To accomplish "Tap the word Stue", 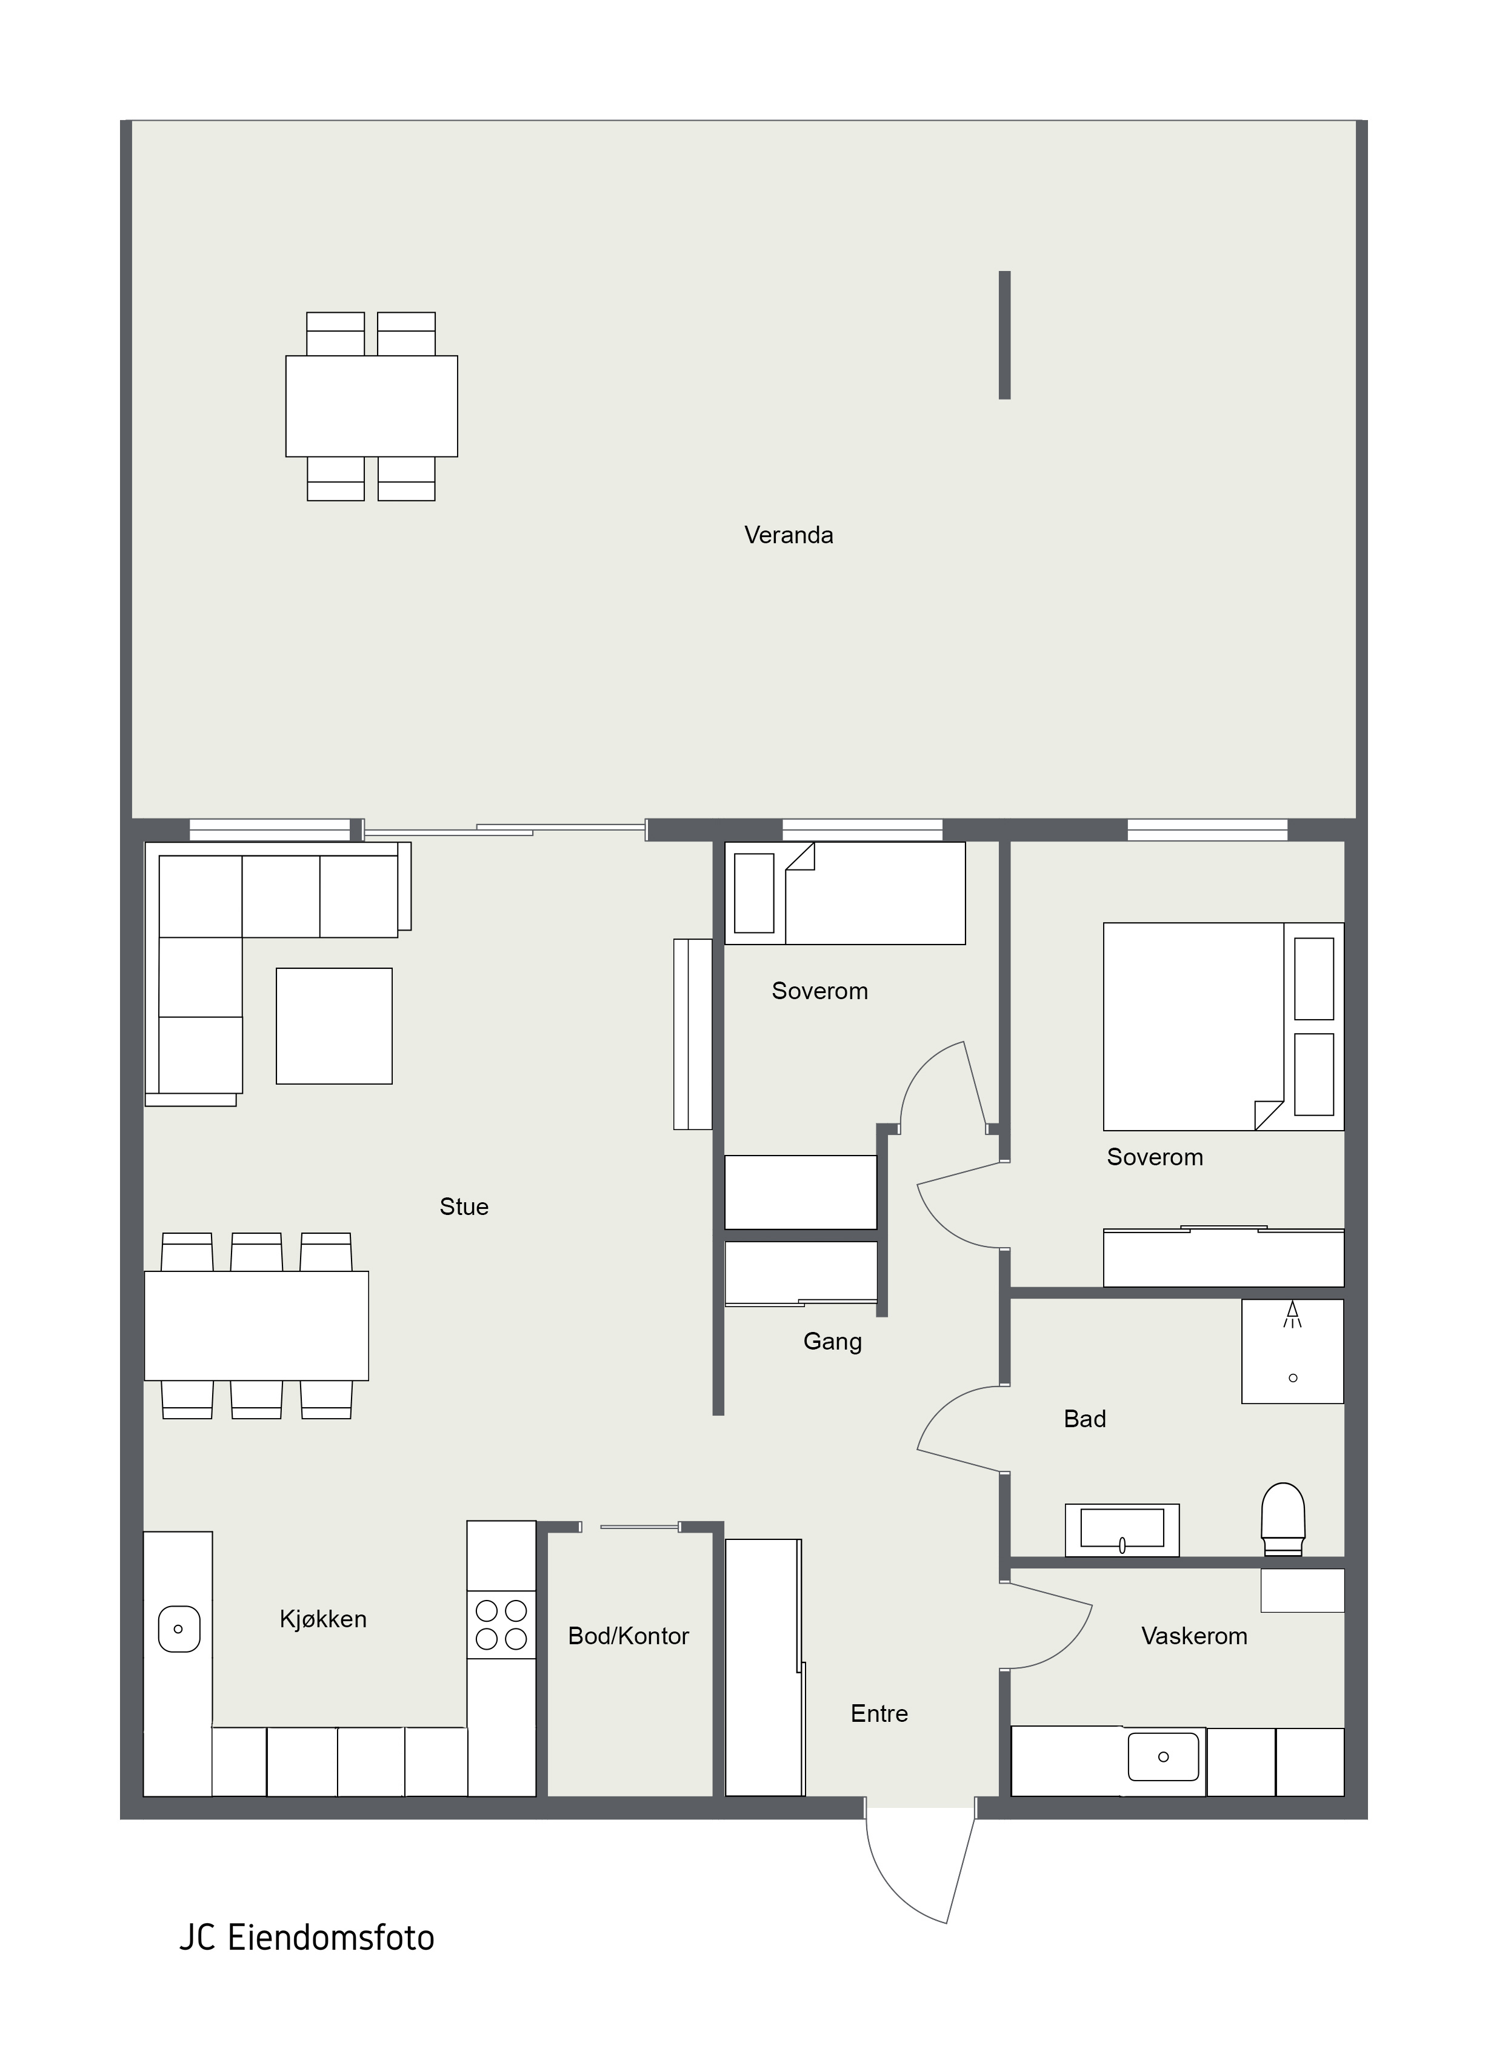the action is click(464, 1207).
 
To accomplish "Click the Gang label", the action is click(832, 1342).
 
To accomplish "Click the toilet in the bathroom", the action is click(1283, 1519).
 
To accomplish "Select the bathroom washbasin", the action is click(1123, 1530).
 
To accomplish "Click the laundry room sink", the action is click(1164, 1757).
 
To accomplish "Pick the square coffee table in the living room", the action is click(334, 1026).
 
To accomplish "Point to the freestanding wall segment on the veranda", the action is click(1004, 335).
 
